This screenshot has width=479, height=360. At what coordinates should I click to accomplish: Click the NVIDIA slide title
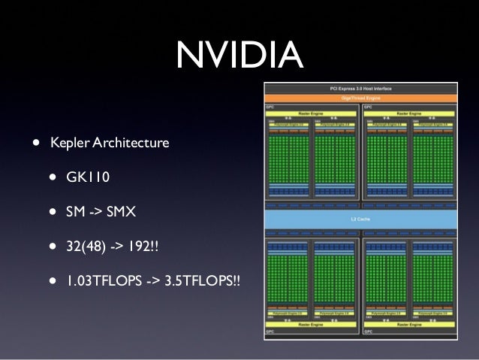(x=239, y=53)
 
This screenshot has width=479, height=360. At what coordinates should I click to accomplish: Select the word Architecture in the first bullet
(x=128, y=142)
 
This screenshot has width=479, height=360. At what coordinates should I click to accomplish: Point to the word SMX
(x=121, y=212)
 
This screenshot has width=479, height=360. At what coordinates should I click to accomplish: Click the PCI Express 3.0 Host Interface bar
(x=360, y=89)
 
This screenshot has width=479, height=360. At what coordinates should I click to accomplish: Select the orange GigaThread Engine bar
(x=360, y=98)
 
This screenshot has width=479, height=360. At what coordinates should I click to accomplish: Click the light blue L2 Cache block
(x=360, y=219)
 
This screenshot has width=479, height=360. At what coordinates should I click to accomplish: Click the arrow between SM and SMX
(x=95, y=212)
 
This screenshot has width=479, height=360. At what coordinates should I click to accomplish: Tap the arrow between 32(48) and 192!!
(x=116, y=247)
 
